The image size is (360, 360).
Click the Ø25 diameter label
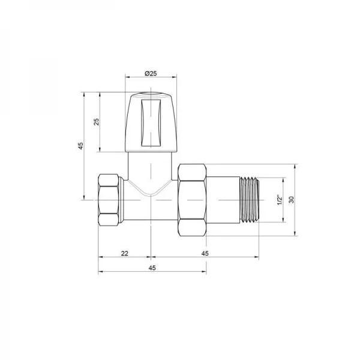151,73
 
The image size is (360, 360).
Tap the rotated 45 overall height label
80,146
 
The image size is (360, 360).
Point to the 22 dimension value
124,254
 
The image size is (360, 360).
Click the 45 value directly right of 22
205,254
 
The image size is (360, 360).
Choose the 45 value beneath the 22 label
151,268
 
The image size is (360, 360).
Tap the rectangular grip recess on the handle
151,123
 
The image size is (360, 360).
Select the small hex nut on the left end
109,199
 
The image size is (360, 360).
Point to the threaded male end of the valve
250,199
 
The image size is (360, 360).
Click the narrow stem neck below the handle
151,165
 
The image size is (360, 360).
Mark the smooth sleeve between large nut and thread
224,199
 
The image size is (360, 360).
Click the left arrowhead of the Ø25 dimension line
127,77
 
